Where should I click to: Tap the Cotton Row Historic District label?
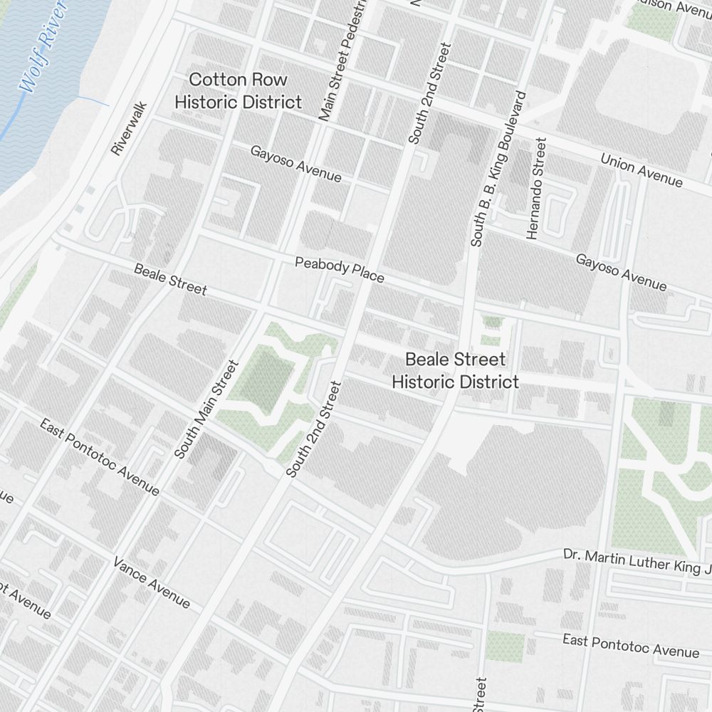[x=238, y=90]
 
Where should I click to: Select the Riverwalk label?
[x=128, y=128]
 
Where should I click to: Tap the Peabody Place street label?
[x=340, y=270]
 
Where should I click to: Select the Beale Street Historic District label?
[x=455, y=371]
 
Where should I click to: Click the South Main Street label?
[x=206, y=409]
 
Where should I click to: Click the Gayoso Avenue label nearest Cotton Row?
[x=295, y=164]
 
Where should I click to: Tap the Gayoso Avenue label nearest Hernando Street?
[x=622, y=273]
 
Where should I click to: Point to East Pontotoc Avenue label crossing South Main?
[x=100, y=457]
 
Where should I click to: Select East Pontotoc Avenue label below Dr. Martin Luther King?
[x=631, y=645]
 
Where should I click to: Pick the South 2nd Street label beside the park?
[x=314, y=429]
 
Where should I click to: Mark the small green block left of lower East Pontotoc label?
[x=505, y=646]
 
